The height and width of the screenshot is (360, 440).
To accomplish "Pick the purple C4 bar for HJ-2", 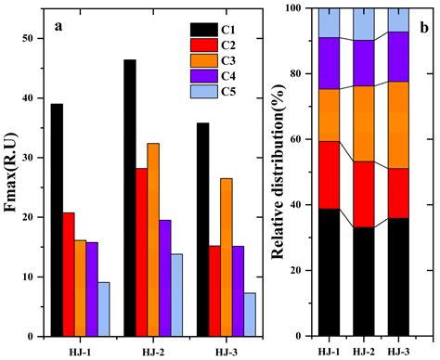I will [163, 277].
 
